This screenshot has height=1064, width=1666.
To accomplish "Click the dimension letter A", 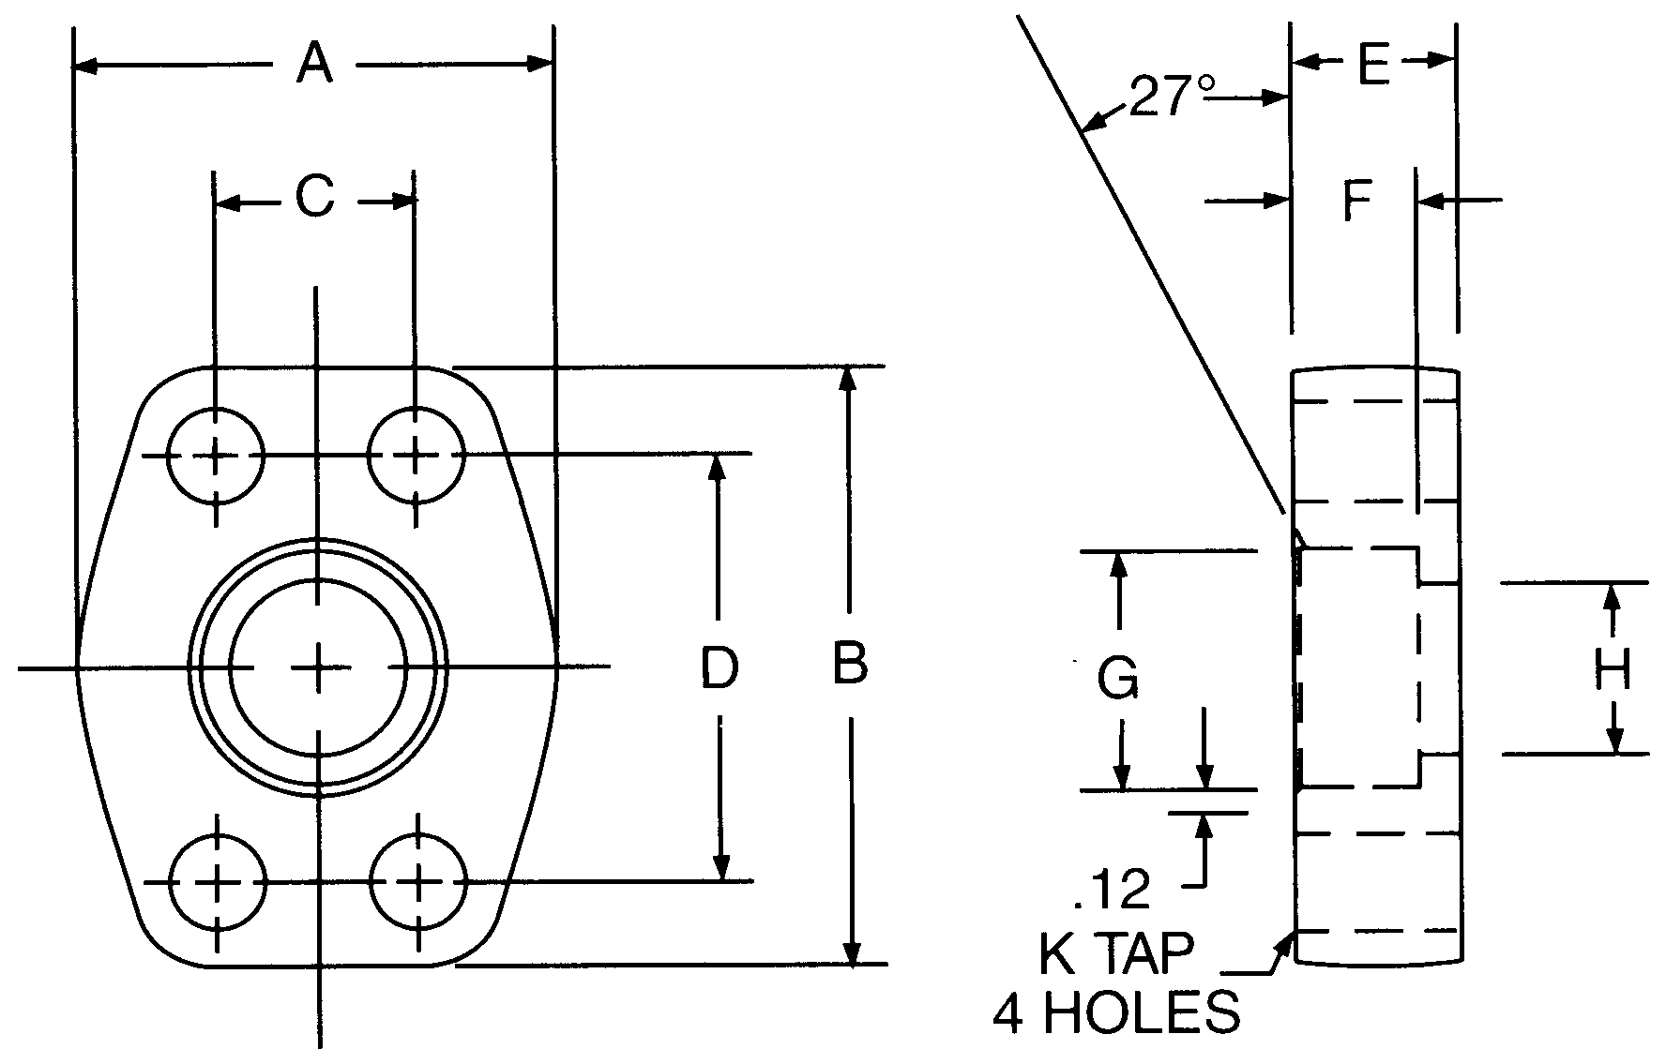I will tap(315, 64).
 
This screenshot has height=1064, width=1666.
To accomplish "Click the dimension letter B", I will tap(850, 664).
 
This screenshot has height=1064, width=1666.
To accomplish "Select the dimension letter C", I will tap(315, 199).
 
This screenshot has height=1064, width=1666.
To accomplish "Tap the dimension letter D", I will tap(719, 667).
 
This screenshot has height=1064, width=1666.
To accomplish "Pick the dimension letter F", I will tap(1357, 201).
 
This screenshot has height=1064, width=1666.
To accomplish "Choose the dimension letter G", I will tap(1118, 678).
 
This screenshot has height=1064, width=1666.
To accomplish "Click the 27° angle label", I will tap(1170, 97).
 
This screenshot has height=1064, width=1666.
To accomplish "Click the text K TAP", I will tap(1116, 954).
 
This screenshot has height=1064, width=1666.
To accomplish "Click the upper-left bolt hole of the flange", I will tap(217, 456).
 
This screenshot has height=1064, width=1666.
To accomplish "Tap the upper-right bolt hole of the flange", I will tap(416, 456).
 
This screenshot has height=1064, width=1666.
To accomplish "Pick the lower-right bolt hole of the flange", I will tap(417, 881).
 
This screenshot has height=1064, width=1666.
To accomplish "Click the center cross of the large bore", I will tap(318, 667).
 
